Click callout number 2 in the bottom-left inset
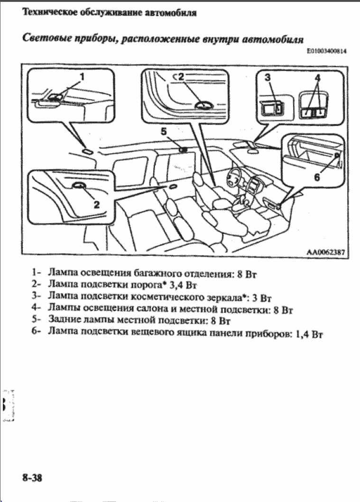pyautogui.click(x=96, y=205)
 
